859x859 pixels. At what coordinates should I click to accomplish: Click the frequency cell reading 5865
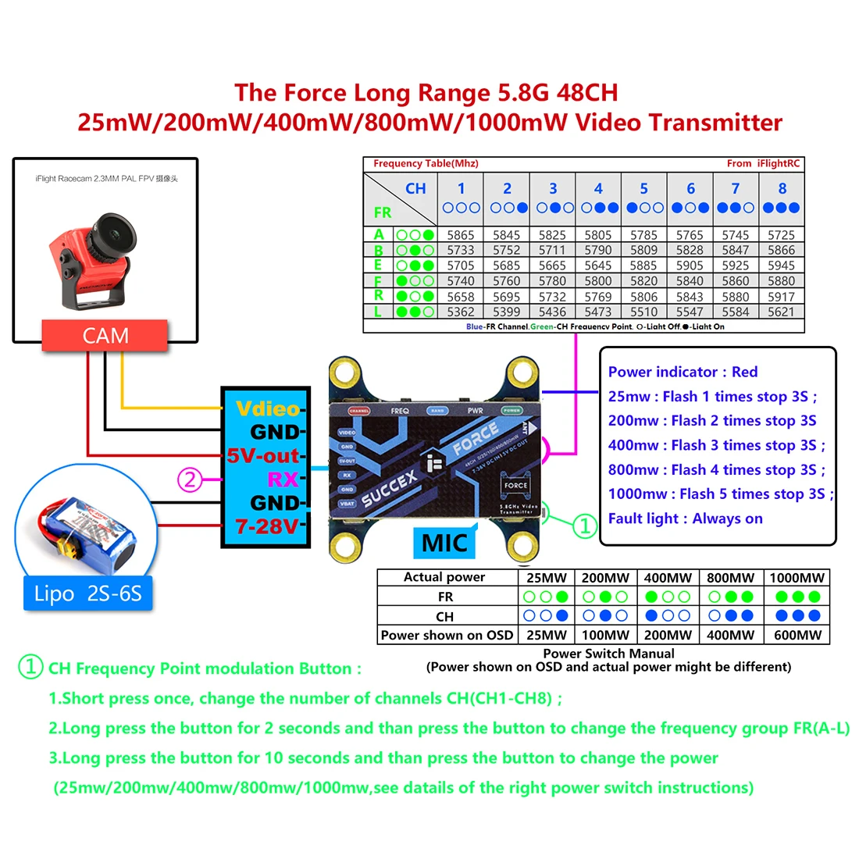pyautogui.click(x=461, y=235)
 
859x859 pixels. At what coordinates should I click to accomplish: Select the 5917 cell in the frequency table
pyautogui.click(x=781, y=297)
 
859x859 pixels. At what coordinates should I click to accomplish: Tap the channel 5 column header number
pyautogui.click(x=644, y=188)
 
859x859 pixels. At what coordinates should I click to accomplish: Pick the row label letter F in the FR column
pyautogui.click(x=379, y=281)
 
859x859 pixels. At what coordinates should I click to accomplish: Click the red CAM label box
pyautogui.click(x=105, y=336)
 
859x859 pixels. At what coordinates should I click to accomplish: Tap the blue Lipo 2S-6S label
pyautogui.click(x=87, y=593)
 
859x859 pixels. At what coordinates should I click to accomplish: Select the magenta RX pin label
pyautogui.click(x=283, y=479)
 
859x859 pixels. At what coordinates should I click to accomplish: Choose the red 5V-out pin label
pyautogui.click(x=263, y=455)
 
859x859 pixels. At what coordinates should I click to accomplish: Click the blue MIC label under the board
pyautogui.click(x=444, y=543)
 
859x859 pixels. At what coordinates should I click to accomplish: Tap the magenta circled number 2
pyautogui.click(x=191, y=479)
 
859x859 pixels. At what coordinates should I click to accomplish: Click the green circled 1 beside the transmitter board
pyautogui.click(x=585, y=526)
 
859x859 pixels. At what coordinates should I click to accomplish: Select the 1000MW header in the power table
pyautogui.click(x=797, y=578)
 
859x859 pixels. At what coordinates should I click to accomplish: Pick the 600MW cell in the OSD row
pyautogui.click(x=797, y=635)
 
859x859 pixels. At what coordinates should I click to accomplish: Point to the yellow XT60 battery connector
pyautogui.click(x=75, y=552)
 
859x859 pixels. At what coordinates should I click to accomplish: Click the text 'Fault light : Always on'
pyautogui.click(x=685, y=519)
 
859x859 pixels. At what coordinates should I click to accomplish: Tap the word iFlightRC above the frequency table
pyautogui.click(x=779, y=163)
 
